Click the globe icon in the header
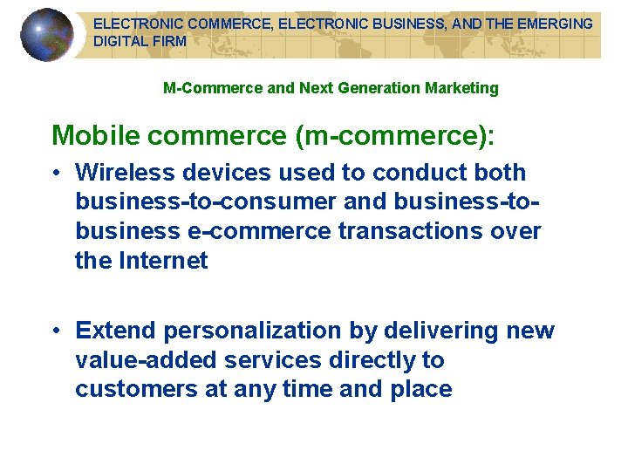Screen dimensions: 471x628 [47, 35]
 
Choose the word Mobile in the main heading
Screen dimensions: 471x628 [94, 135]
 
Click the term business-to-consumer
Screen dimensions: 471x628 [205, 202]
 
